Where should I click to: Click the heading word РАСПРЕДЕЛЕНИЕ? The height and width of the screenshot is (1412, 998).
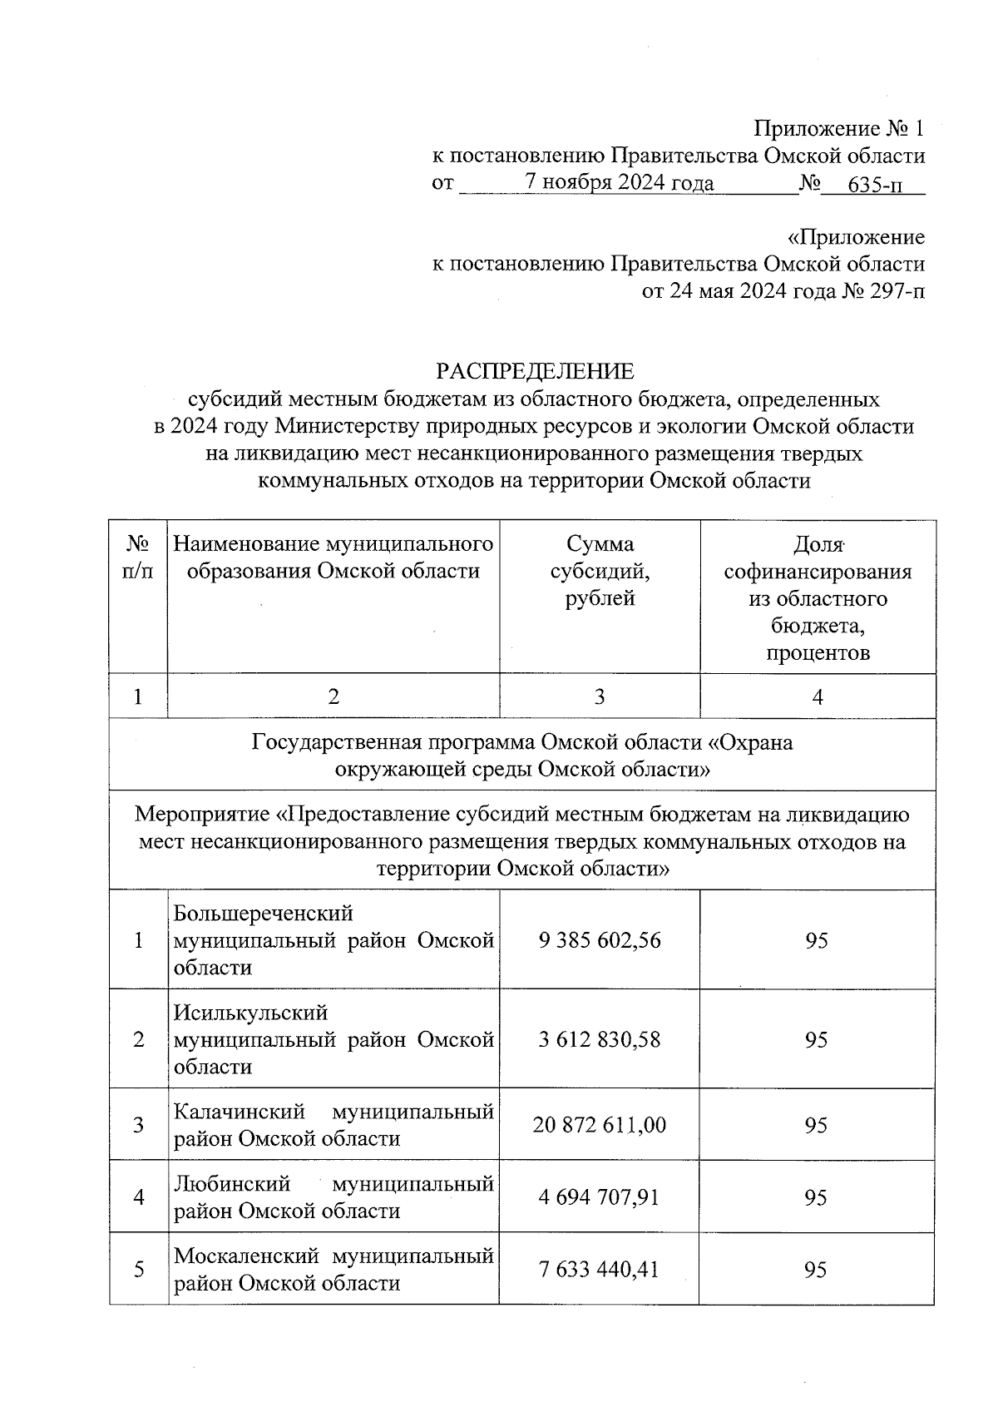pos(535,371)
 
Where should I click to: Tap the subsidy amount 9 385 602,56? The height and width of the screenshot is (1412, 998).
pos(600,940)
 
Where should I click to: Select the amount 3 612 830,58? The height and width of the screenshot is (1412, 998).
pos(600,1039)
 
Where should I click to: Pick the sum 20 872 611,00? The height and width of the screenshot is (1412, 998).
pos(600,1125)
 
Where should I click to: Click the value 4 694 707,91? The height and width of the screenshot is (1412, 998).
pos(600,1196)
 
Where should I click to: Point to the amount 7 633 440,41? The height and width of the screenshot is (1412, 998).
pos(600,1270)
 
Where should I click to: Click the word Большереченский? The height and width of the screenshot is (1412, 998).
pos(264,914)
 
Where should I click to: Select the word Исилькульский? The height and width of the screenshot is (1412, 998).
pos(251,1013)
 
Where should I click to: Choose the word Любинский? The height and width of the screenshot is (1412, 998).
pos(232,1183)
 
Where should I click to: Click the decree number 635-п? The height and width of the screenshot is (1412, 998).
pos(873,185)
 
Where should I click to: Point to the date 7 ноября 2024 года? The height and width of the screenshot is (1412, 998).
pos(619,183)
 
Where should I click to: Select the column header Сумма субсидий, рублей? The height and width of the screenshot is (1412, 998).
pos(600,571)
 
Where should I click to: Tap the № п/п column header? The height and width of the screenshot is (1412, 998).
pos(138,557)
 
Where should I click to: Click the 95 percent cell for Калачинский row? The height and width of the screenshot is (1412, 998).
pos(816,1125)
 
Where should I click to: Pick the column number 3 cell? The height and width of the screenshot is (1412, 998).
pos(600,696)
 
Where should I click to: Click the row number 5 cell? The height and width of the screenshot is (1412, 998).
pos(138,1270)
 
